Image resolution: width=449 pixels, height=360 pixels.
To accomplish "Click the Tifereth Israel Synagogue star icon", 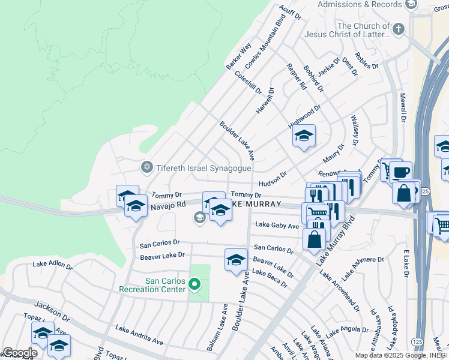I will pos(146,166).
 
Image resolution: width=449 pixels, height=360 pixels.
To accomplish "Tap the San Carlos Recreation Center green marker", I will pos(194,283).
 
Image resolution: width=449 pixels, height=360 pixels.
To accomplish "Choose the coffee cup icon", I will pos(400,172).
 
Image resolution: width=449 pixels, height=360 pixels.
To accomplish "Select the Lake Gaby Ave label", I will pos(277,226).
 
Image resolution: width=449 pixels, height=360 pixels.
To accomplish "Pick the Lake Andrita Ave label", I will pos(139,335).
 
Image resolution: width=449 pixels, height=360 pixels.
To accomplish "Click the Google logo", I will pos(20,353).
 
